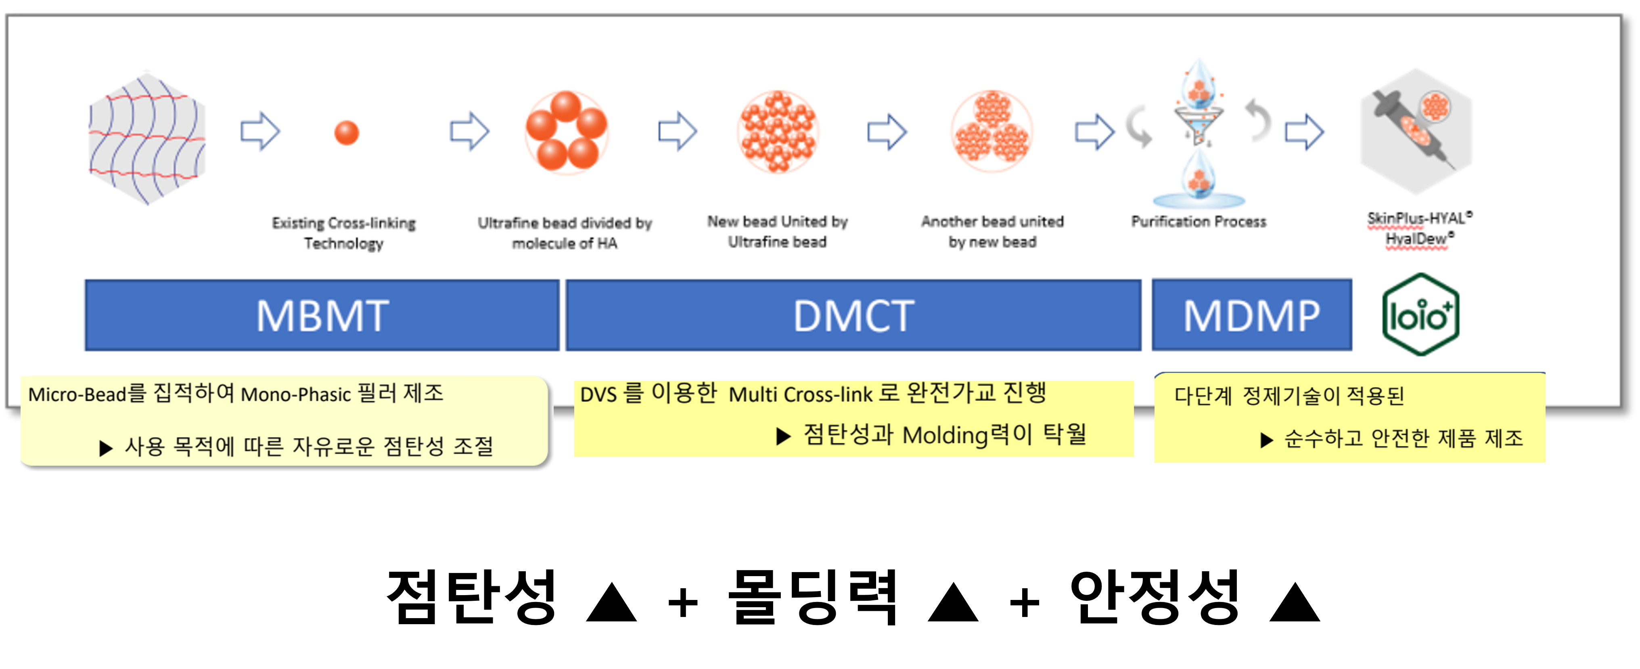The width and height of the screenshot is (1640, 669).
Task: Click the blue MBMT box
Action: (x=322, y=315)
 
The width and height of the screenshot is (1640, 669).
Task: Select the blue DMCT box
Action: (x=853, y=315)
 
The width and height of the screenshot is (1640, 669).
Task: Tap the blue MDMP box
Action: (x=1252, y=315)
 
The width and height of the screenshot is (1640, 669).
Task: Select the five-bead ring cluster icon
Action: (x=566, y=132)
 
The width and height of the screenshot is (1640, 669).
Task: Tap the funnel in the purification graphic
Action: (x=1198, y=121)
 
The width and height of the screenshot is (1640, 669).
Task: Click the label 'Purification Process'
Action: (x=1198, y=221)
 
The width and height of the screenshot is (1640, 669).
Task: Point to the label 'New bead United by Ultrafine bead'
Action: (x=777, y=231)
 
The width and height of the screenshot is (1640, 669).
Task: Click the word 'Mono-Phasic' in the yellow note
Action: (x=295, y=395)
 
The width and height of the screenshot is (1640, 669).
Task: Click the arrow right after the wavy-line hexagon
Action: (x=260, y=132)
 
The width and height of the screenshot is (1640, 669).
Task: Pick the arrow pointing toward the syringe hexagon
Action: (x=1305, y=132)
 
